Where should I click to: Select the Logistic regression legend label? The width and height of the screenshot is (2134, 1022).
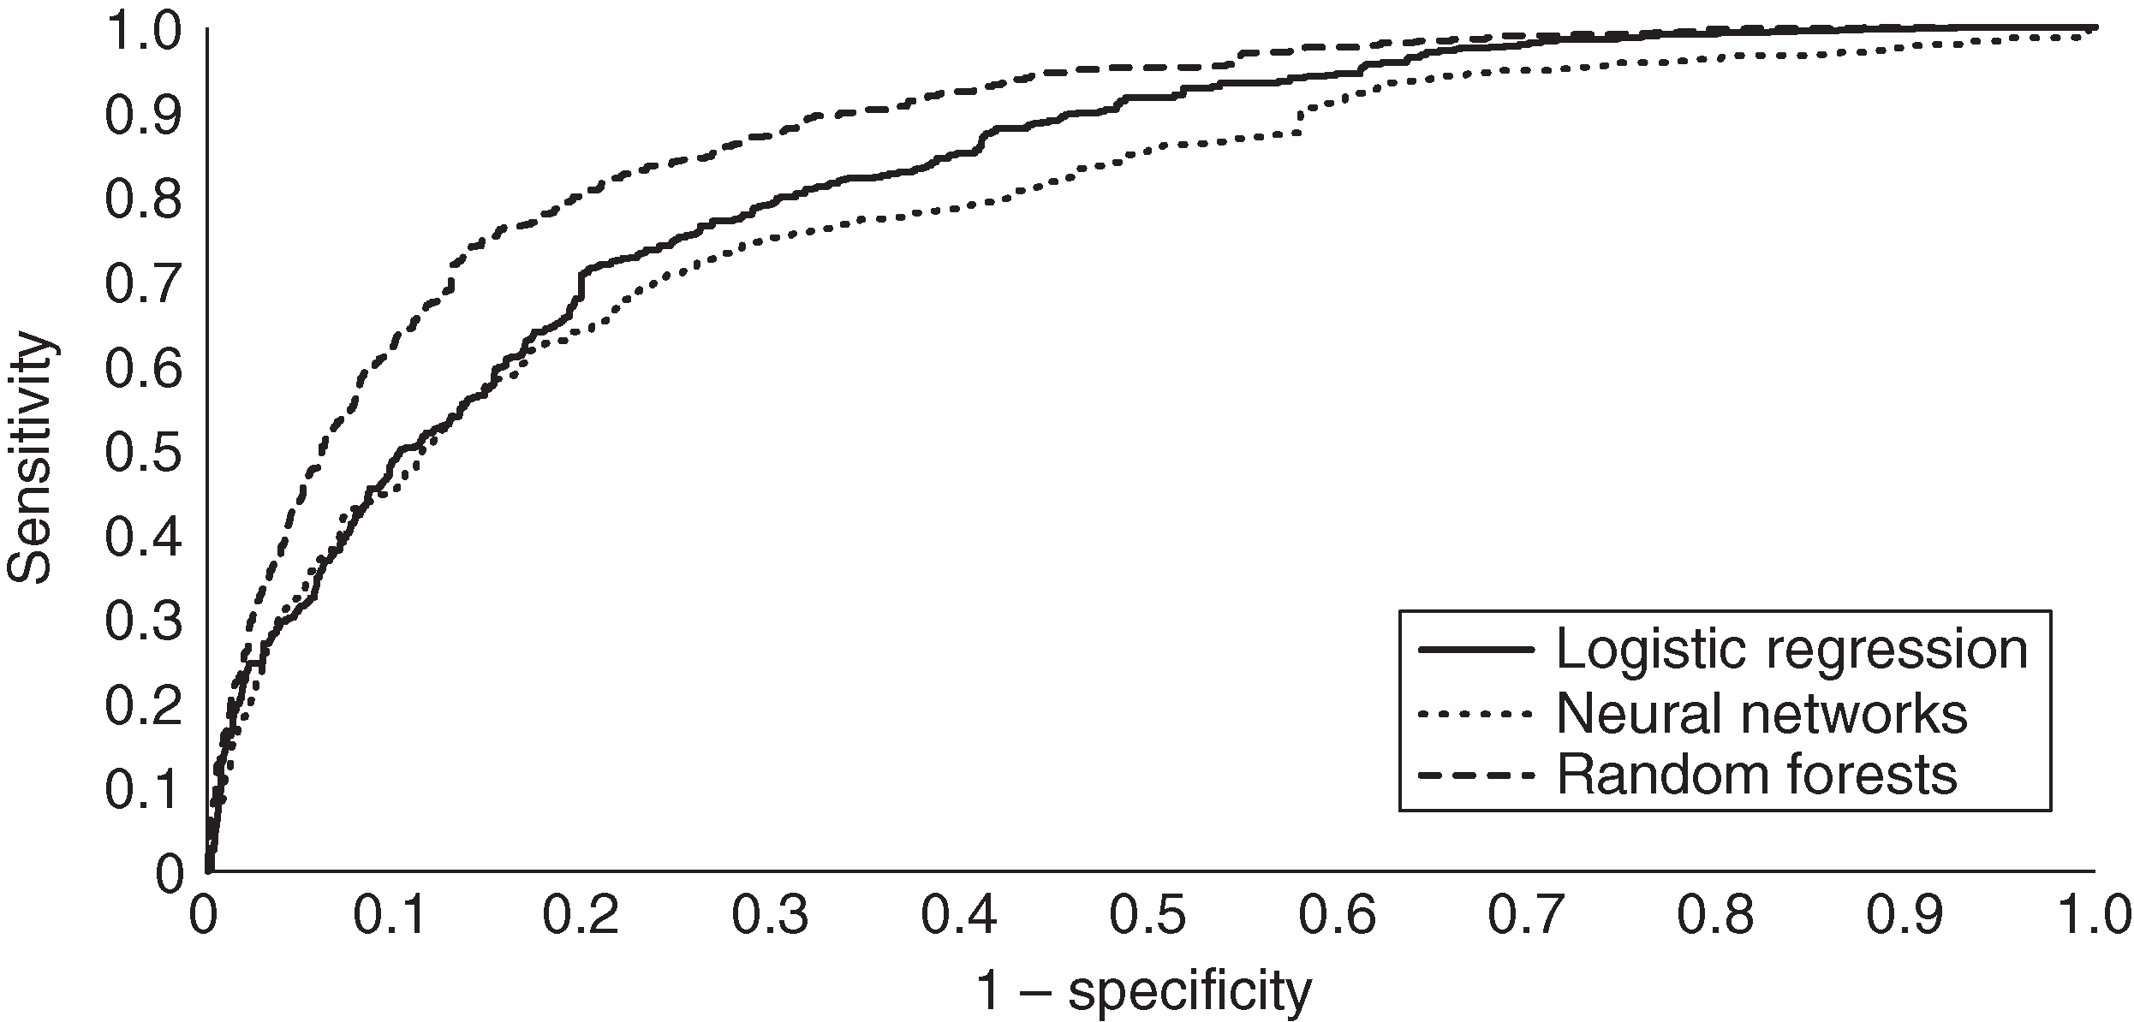click(x=1792, y=650)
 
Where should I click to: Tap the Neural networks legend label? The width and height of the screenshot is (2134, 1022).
click(x=1762, y=712)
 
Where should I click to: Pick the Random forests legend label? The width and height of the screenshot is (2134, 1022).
click(x=1756, y=775)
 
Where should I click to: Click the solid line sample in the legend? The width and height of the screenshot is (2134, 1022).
click(x=1475, y=650)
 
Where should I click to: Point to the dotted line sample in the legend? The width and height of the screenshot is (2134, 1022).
click(x=1475, y=712)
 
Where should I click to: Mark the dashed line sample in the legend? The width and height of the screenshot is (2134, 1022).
click(x=1475, y=775)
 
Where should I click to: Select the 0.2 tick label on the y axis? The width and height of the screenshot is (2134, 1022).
click(x=143, y=705)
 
